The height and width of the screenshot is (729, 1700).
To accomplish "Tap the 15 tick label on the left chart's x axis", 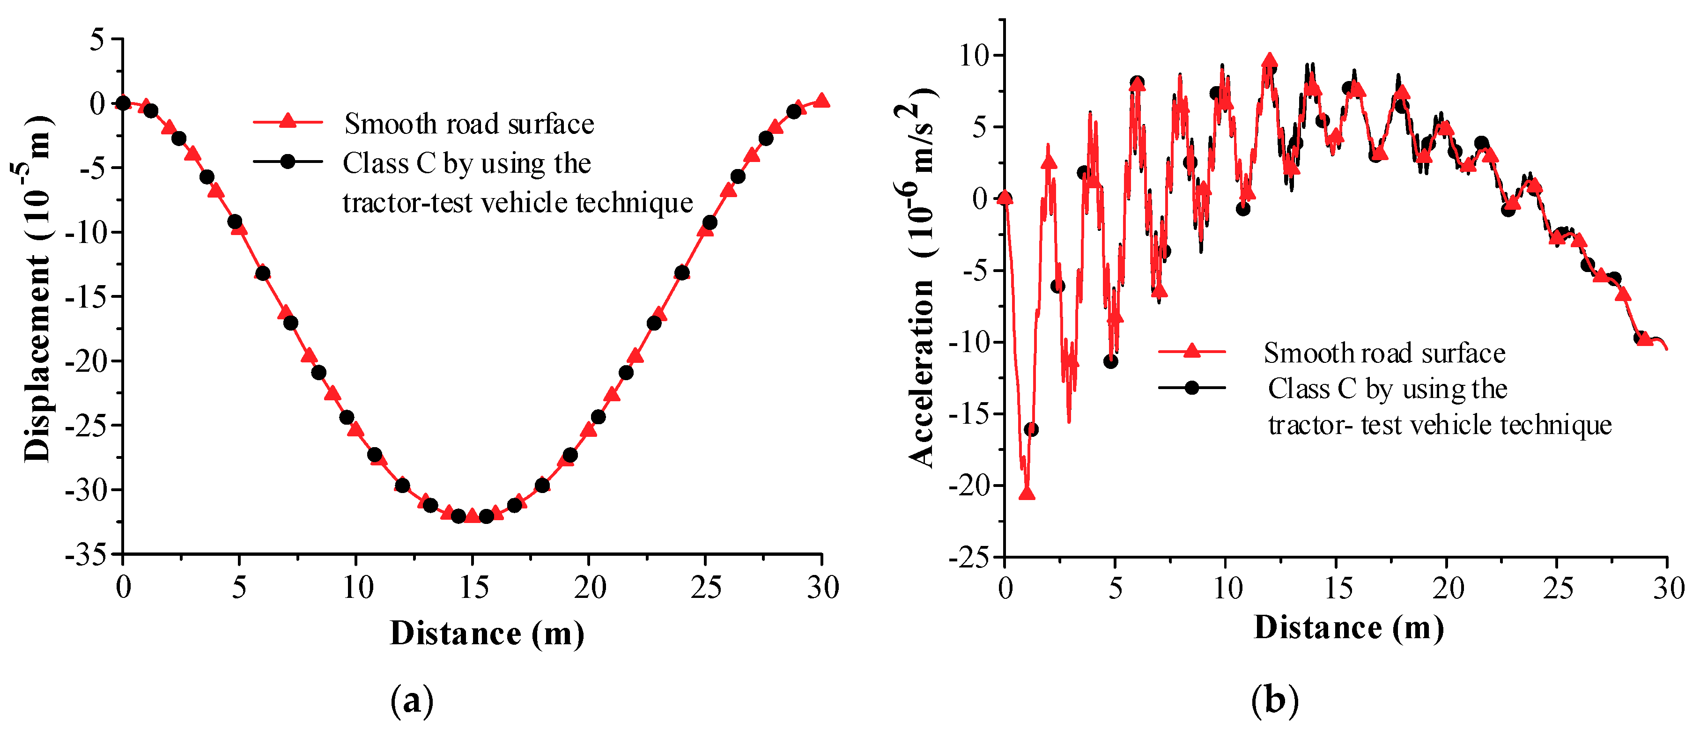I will point(473,587).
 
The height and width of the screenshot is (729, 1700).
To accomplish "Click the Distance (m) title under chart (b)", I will point(1348,627).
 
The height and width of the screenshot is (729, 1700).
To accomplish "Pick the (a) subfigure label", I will point(412,700).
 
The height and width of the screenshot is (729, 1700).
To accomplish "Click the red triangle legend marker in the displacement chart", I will point(287,121).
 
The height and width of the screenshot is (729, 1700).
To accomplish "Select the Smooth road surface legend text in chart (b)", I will point(1384,353).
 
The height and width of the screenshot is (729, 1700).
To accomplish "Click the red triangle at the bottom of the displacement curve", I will point(472,515).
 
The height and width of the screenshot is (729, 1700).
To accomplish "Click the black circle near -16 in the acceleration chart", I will point(1031,429).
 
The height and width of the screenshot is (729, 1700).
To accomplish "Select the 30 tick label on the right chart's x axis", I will point(1668,588).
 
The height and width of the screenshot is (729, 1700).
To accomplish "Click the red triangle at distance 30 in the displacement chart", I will point(821,100).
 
